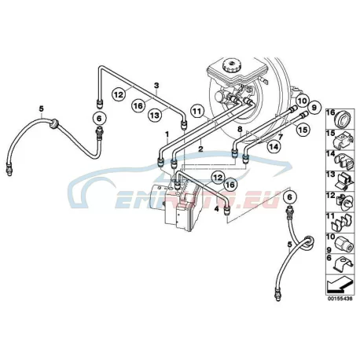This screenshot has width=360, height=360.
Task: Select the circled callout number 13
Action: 155,115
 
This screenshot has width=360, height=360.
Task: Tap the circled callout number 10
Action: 302,101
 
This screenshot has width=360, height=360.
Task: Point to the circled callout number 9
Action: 314,107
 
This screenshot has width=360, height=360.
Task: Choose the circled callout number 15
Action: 303,129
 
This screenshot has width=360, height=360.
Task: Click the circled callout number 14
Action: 274,147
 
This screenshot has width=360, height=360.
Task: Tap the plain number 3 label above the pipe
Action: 156,86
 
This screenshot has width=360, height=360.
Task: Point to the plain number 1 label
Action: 167,134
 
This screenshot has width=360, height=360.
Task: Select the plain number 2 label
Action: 200,149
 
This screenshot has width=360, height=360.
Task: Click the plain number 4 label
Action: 216,209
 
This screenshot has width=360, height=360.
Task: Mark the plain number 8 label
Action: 239,129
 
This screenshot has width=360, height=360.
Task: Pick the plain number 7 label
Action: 281,137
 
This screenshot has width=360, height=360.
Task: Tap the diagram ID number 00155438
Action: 340,299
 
